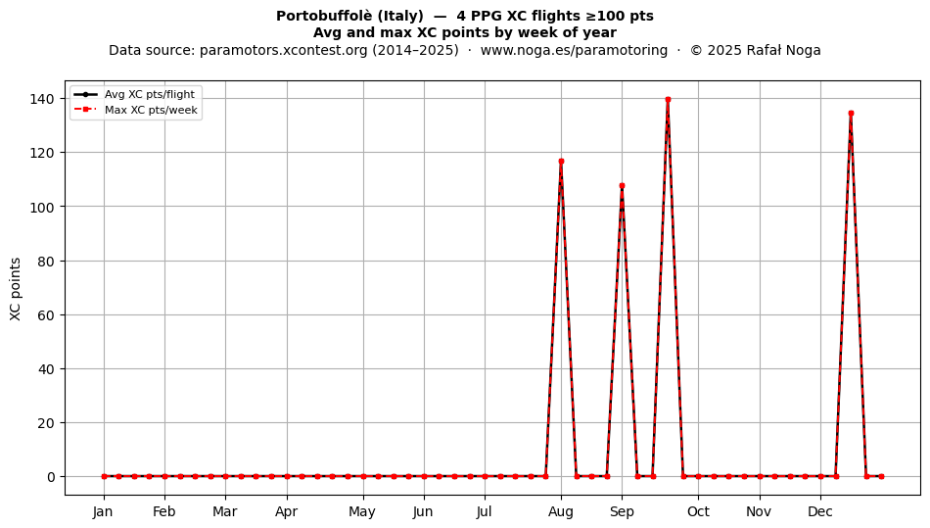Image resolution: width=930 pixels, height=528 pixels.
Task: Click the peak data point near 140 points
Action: click(x=668, y=100)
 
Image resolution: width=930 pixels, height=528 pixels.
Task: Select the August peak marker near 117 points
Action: click(x=561, y=162)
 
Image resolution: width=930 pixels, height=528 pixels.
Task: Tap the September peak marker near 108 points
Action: click(x=623, y=186)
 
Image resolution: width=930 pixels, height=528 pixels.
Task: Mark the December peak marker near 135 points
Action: click(x=851, y=114)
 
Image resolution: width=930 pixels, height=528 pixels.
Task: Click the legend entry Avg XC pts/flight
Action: click(x=150, y=94)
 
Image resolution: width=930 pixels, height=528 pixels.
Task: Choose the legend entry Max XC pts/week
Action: click(x=151, y=110)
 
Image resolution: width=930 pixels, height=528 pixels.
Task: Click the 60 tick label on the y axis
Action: click(x=47, y=315)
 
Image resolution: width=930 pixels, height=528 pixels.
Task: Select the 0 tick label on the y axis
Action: click(x=52, y=477)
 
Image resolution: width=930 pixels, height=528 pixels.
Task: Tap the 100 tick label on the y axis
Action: click(x=43, y=207)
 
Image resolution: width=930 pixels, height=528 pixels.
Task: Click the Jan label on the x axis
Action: click(x=103, y=511)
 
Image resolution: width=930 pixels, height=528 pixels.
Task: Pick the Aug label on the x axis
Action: click(x=561, y=511)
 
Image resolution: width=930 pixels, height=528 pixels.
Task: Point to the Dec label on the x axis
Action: click(x=820, y=511)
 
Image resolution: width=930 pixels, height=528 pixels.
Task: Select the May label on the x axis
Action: click(x=362, y=511)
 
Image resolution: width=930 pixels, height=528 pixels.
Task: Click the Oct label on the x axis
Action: click(x=698, y=511)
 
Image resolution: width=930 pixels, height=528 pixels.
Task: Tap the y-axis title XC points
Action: click(x=16, y=289)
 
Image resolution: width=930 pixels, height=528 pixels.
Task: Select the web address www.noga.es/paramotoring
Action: click(x=574, y=50)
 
